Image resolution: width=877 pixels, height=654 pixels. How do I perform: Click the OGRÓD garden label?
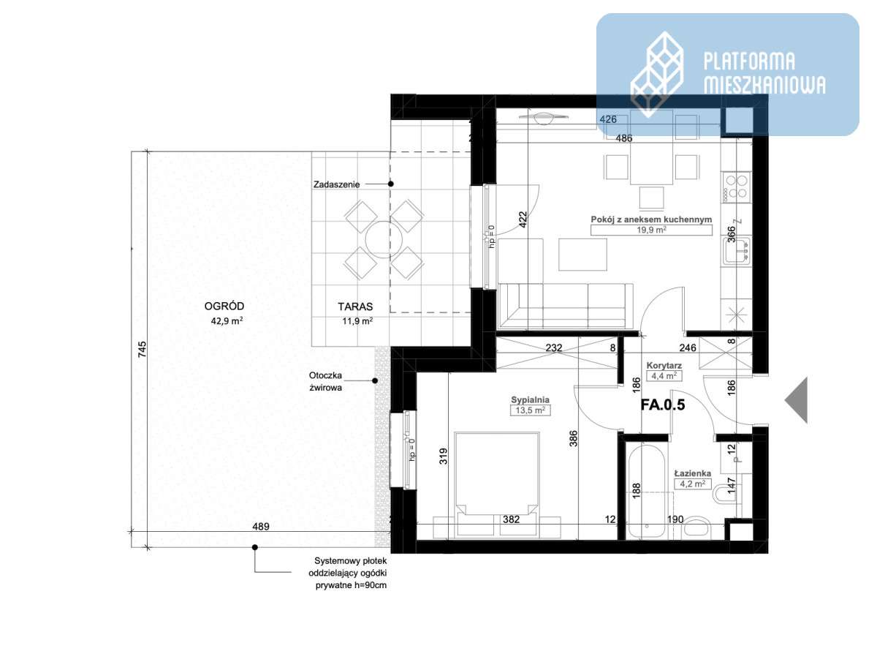pyautogui.click(x=224, y=306)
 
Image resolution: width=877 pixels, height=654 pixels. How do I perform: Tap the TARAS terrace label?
pyautogui.click(x=355, y=307)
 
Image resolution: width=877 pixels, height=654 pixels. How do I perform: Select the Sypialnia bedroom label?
pyautogui.click(x=530, y=399)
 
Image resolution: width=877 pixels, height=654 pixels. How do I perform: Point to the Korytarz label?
pyautogui.click(x=664, y=365)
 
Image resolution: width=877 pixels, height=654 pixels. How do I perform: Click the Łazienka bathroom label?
pyautogui.click(x=693, y=473)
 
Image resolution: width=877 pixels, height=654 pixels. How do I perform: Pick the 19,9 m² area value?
pyautogui.click(x=651, y=230)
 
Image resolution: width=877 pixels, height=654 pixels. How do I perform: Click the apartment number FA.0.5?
pyautogui.click(x=663, y=405)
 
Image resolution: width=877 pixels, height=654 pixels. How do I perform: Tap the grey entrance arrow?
pyautogui.click(x=796, y=400)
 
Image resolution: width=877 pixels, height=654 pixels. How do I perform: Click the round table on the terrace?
pyautogui.click(x=384, y=239)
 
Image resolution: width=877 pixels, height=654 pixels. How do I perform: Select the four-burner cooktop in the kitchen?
pyautogui.click(x=735, y=187)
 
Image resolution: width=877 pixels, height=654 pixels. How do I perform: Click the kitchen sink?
pyautogui.click(x=737, y=250)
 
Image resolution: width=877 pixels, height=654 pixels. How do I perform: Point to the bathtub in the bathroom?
pyautogui.click(x=646, y=492)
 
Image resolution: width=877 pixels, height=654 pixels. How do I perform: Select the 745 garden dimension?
pyautogui.click(x=142, y=350)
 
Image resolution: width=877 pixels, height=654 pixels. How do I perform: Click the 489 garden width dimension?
pyautogui.click(x=261, y=526)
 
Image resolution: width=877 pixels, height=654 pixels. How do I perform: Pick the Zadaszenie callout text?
pyautogui.click(x=336, y=184)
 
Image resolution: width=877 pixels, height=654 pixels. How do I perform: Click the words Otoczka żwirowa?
pyautogui.click(x=325, y=381)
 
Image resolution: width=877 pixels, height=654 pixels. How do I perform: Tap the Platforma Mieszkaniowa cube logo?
pyautogui.click(x=657, y=74)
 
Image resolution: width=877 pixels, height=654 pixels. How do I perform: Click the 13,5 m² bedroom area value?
pyautogui.click(x=530, y=410)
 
